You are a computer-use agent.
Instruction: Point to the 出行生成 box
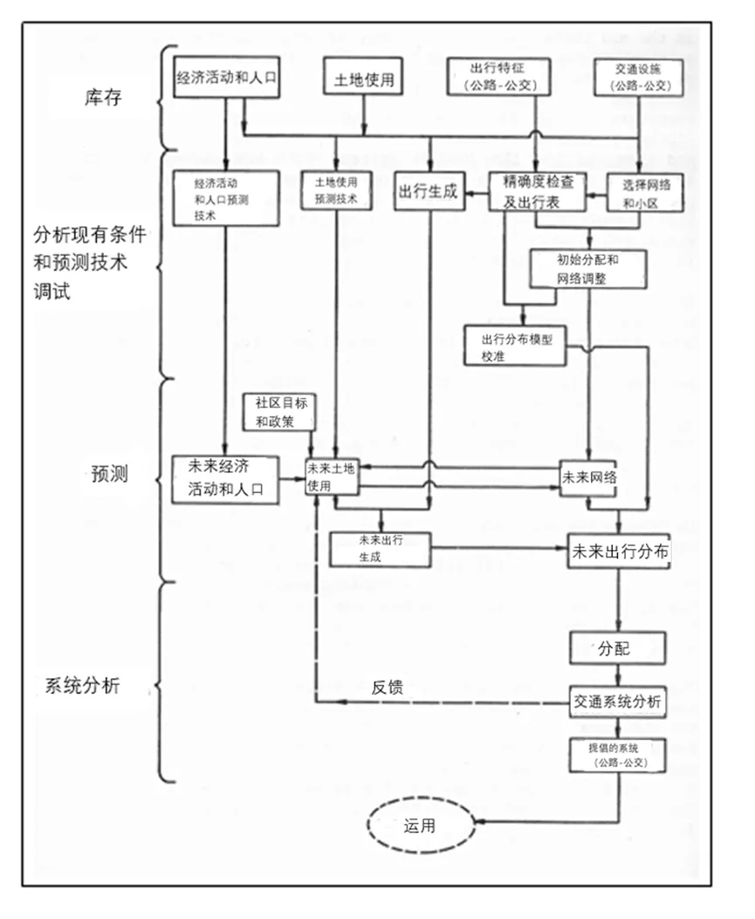(428, 193)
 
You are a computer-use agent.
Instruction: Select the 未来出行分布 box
(619, 552)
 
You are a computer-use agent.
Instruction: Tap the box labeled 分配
(618, 649)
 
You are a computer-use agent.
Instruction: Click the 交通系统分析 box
(618, 702)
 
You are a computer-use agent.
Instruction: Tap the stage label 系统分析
(83, 685)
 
